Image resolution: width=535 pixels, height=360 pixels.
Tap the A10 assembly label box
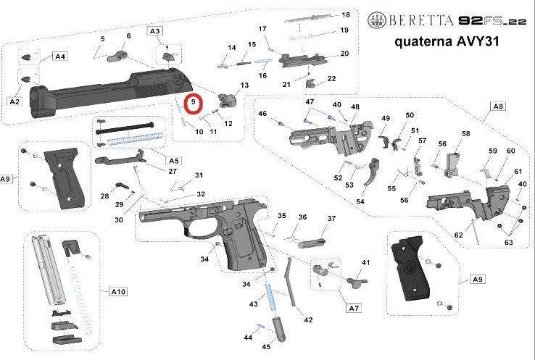118,292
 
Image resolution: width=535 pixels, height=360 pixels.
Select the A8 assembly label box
497,106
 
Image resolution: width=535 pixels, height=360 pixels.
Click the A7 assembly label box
353,308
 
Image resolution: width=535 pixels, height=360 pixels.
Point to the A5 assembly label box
173,159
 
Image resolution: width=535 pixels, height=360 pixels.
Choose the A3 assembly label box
156,30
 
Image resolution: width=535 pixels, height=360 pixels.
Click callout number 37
331,219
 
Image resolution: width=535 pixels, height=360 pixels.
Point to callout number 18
345,15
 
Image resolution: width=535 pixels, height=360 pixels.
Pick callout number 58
466,134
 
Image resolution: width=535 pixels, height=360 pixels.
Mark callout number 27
173,172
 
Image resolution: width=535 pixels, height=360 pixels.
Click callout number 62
458,235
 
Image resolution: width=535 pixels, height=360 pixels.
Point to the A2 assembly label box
14,101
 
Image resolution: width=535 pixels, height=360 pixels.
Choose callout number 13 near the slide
244,85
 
